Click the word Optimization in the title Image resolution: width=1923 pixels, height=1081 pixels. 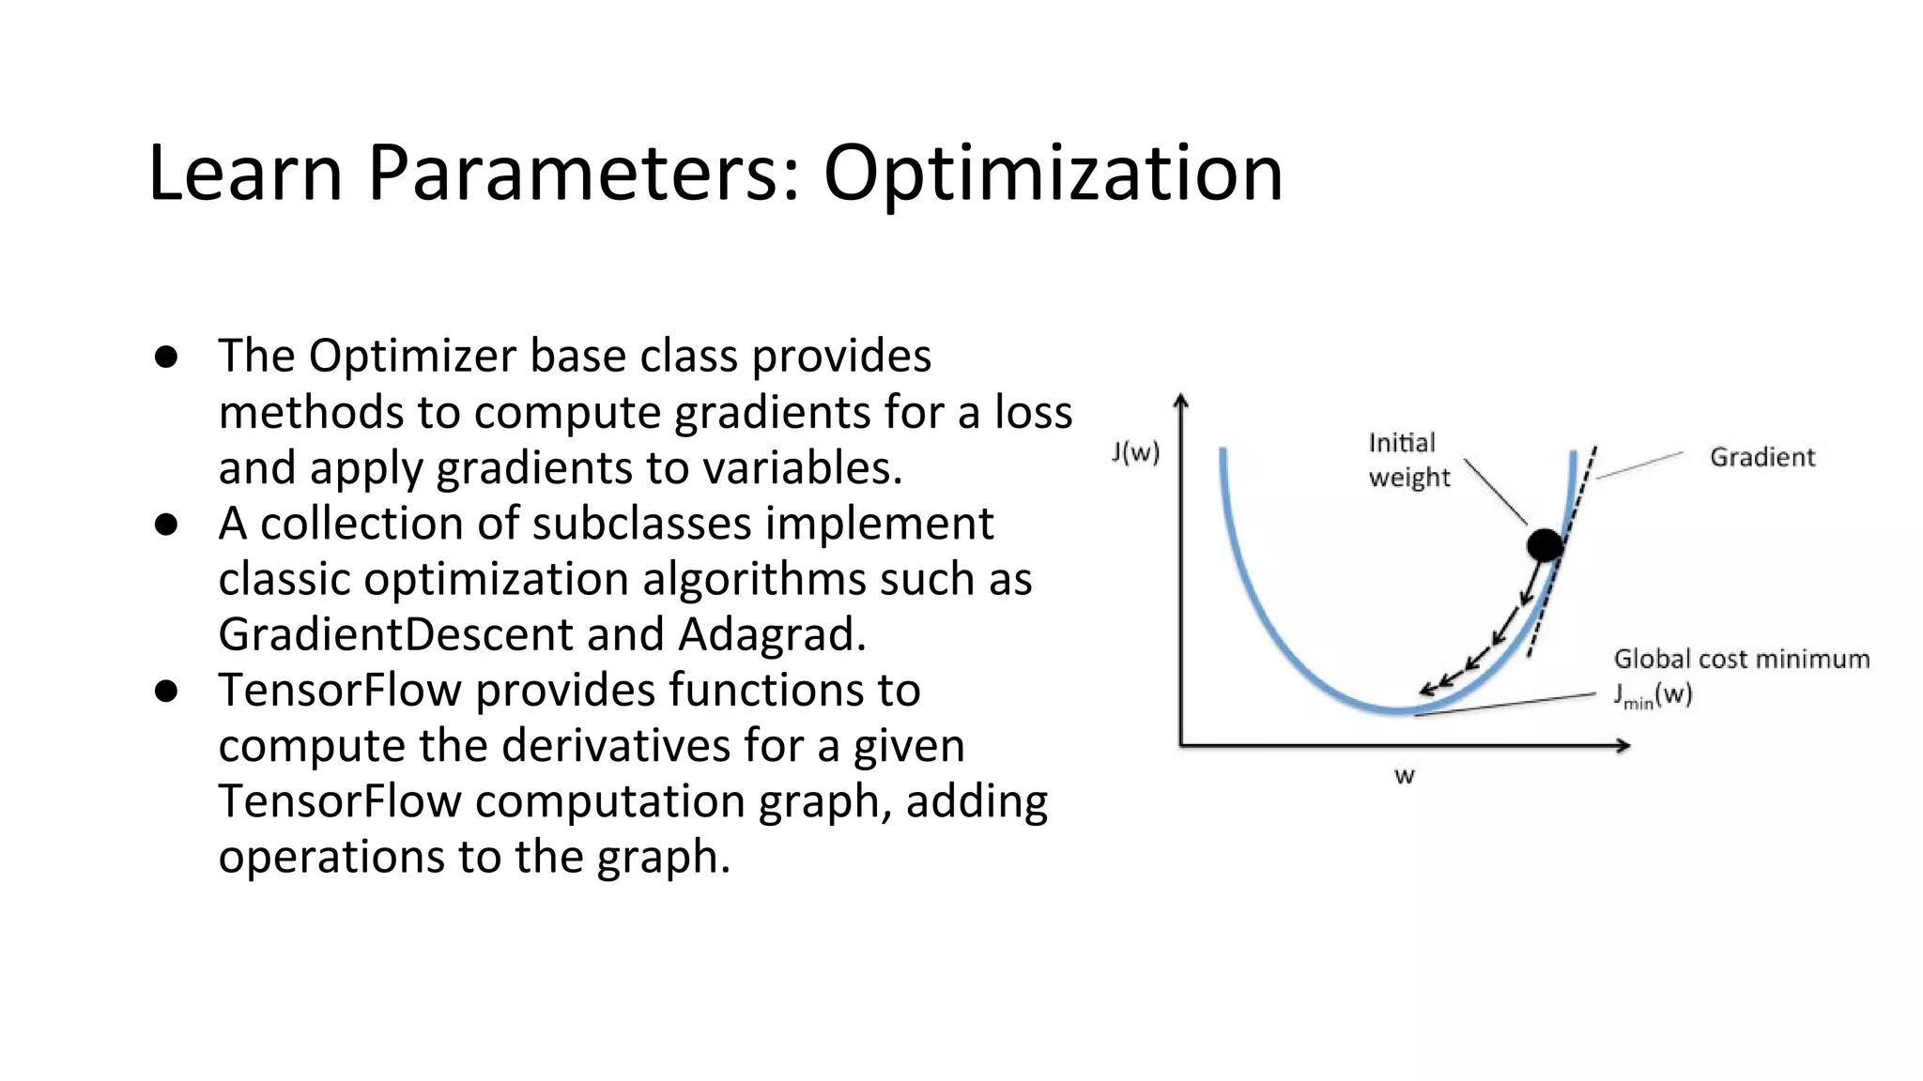click(1053, 174)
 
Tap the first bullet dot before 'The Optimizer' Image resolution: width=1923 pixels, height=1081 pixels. click(167, 357)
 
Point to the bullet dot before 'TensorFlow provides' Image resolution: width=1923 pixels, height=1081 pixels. click(167, 692)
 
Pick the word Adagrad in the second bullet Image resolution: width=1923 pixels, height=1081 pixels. click(771, 634)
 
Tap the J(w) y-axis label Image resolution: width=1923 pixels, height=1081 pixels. click(1135, 453)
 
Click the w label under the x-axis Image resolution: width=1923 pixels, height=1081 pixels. click(1404, 776)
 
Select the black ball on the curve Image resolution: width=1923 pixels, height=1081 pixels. click(1545, 544)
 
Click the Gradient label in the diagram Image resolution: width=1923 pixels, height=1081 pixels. click(1761, 457)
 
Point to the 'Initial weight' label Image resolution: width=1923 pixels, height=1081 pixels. click(1408, 460)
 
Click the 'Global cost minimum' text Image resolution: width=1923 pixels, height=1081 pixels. click(1741, 659)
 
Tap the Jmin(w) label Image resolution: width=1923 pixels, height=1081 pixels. click(1652, 695)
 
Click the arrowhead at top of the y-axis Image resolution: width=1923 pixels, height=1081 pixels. click(1181, 401)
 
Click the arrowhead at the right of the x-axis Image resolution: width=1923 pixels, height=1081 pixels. click(1623, 746)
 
